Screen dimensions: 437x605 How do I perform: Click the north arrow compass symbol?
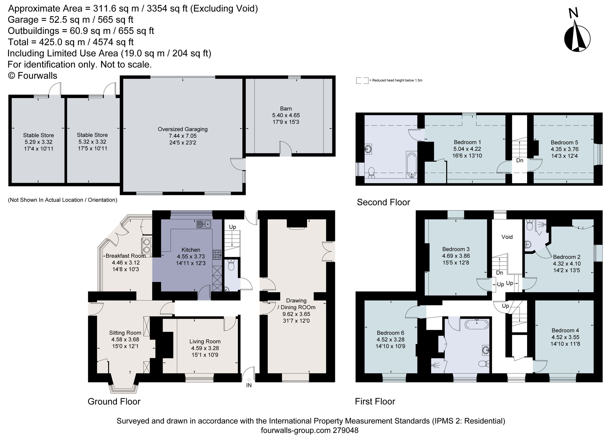pos(577,37)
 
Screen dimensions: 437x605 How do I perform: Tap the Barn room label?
pos(286,109)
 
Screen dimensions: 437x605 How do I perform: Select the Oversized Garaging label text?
pos(183,129)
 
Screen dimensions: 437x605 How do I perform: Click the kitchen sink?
pos(203,224)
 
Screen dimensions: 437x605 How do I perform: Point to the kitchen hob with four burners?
pos(217,255)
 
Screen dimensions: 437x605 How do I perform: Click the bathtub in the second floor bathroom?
pos(412,165)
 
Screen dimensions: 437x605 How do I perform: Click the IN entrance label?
pos(249,385)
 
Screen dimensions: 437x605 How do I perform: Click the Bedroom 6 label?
pos(390,333)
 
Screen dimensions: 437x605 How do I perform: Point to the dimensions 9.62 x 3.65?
pos(296,314)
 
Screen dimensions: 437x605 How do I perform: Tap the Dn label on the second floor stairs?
pos(520,160)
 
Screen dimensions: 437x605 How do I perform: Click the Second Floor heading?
pos(383,202)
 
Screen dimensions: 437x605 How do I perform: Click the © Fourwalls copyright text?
pos(33,76)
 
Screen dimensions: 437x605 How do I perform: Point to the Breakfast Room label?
pos(126,256)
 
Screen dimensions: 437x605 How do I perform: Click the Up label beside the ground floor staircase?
pos(232,227)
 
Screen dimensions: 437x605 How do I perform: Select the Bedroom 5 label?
pos(564,143)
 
